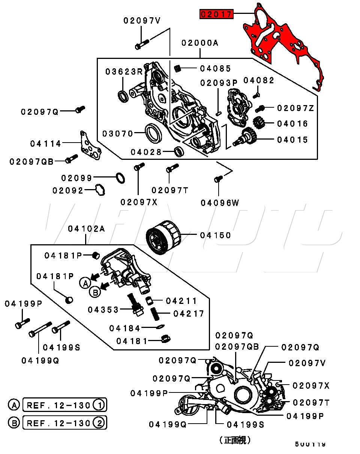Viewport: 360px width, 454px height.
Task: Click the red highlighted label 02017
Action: coord(217,15)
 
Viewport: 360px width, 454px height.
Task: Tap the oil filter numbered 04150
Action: coord(163,236)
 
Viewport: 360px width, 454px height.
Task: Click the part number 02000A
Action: coord(199,43)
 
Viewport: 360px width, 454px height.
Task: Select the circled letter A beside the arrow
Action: coord(85,283)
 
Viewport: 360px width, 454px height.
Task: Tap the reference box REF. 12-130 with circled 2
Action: coord(64,423)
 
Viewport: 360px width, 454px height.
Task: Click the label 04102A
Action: coord(87,229)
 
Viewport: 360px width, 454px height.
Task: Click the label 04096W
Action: coord(220,203)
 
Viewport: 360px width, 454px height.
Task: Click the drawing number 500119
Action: coord(310,444)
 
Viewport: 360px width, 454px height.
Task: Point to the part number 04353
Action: coord(103,310)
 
